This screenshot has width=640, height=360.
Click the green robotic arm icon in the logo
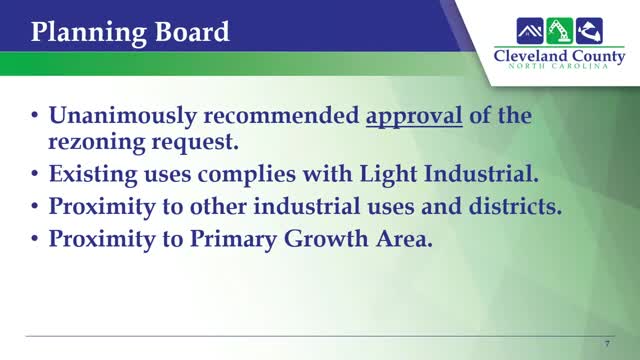(556, 28)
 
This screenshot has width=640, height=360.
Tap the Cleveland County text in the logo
(558, 55)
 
